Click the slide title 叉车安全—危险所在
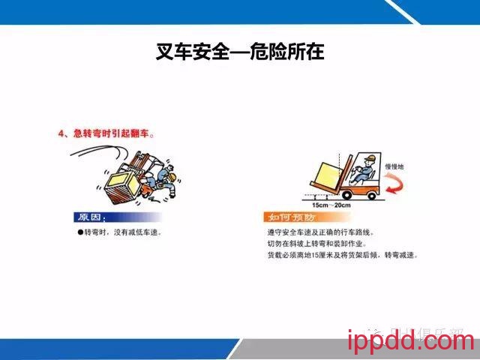tap(240, 52)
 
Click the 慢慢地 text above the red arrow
tap(395, 166)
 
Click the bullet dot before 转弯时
tap(79, 232)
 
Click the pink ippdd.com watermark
tap(411, 343)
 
